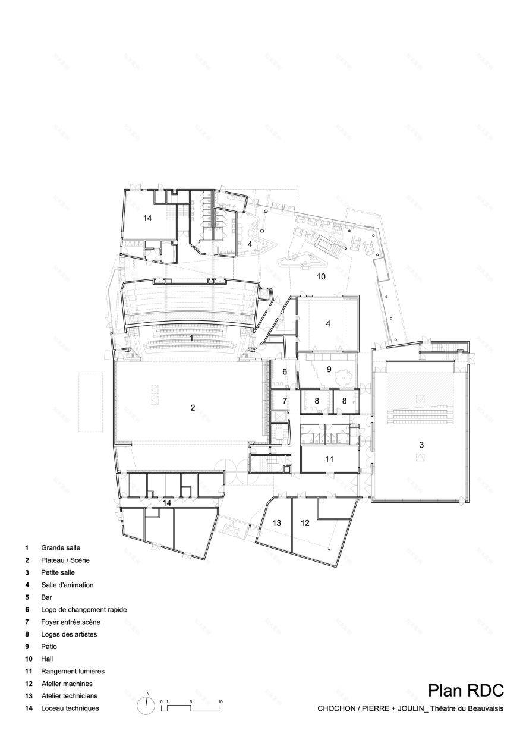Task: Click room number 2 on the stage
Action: click(193, 407)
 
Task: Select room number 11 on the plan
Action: click(329, 459)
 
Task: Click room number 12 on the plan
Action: click(305, 523)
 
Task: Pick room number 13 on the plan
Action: click(276, 523)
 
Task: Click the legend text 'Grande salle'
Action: click(60, 547)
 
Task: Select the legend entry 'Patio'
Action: click(49, 646)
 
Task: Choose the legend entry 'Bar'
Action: click(47, 597)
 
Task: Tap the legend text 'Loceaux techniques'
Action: click(70, 708)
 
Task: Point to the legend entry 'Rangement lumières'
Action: click(73, 671)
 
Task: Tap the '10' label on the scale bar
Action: click(220, 702)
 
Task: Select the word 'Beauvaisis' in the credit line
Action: click(484, 708)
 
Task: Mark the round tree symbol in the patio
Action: click(344, 377)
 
